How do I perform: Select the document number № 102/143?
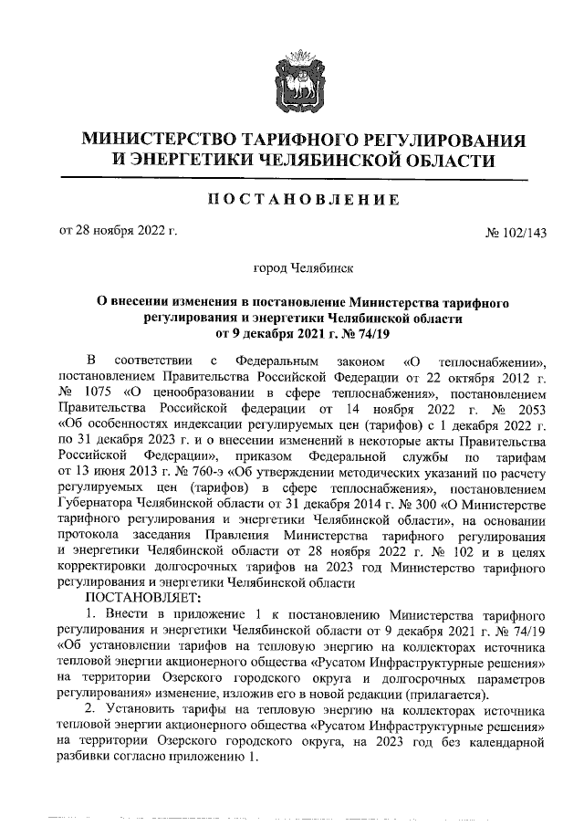click(516, 233)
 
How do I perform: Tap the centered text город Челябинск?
click(291, 268)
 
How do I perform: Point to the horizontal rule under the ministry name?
click(292, 177)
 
